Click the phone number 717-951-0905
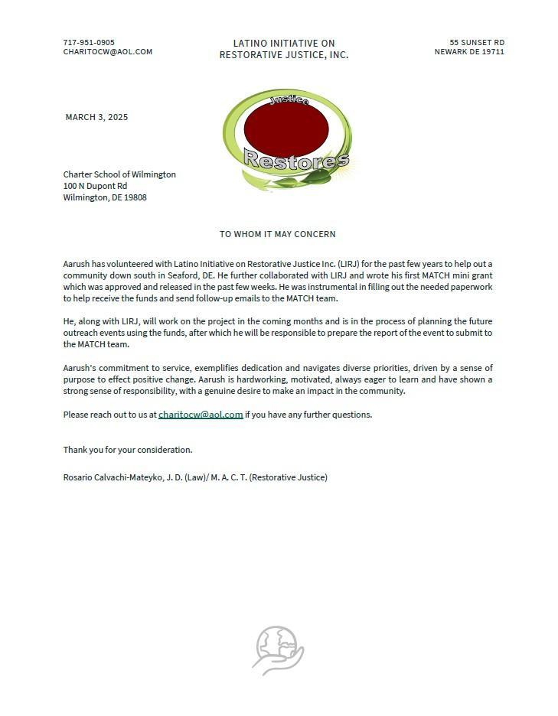(x=89, y=43)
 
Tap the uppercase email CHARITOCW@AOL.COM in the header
(x=107, y=52)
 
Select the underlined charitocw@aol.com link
(x=201, y=415)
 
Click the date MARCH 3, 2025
(x=96, y=117)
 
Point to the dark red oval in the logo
(x=286, y=129)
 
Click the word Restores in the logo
(x=295, y=160)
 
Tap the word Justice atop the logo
(x=289, y=100)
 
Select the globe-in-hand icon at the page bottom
(x=278, y=650)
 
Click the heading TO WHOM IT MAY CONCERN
(x=277, y=234)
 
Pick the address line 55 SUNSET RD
(x=476, y=43)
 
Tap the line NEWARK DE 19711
(x=469, y=52)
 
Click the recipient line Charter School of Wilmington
(x=119, y=174)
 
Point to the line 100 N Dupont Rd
(x=95, y=186)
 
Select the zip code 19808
(x=135, y=197)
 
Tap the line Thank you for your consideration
(x=128, y=450)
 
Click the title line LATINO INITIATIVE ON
(x=284, y=43)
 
